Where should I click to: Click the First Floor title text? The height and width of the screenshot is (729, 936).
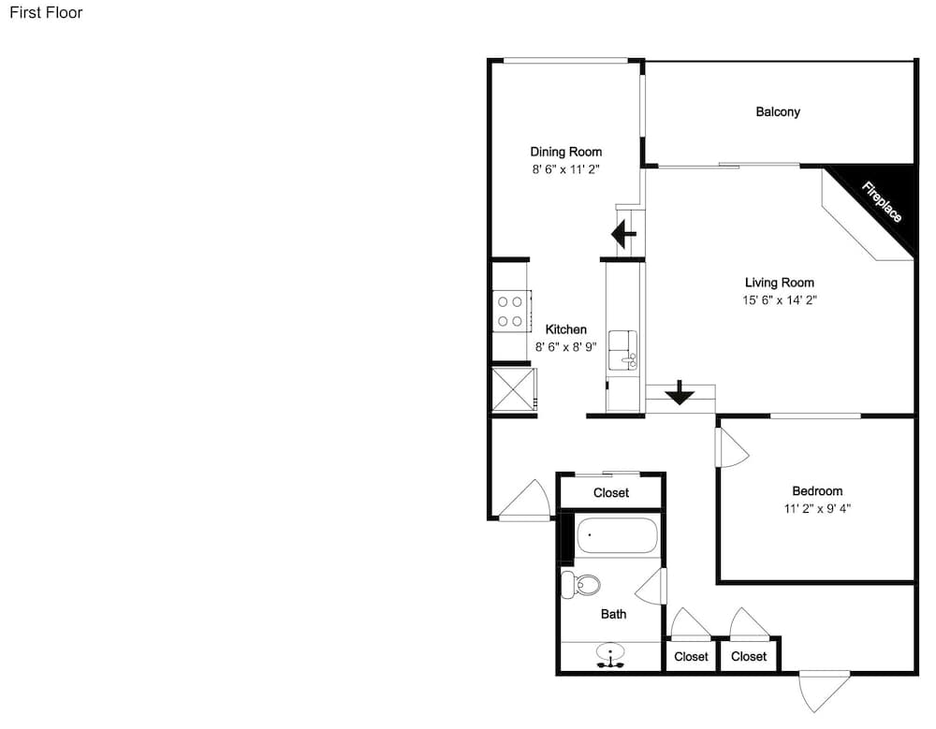point(46,12)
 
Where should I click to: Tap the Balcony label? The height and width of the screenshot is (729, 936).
point(778,111)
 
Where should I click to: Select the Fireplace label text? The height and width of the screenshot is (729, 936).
point(882,202)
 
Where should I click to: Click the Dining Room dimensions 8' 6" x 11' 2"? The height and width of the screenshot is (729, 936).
point(565,169)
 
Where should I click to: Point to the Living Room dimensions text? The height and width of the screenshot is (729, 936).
point(779,299)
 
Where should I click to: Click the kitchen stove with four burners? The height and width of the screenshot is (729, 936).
point(511,311)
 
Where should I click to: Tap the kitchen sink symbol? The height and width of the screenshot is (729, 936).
point(622,351)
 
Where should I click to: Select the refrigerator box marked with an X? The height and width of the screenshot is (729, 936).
point(513,388)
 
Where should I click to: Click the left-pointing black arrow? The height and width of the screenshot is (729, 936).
point(624,233)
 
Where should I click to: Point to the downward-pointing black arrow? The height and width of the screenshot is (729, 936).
point(680,392)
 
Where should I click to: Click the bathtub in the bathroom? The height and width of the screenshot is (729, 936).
point(617,535)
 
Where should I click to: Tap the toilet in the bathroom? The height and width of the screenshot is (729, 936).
point(580,585)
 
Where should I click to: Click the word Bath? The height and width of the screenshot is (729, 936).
point(614,614)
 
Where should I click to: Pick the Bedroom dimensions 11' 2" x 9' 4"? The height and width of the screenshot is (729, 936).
point(817,509)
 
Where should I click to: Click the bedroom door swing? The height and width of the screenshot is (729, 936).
point(733,448)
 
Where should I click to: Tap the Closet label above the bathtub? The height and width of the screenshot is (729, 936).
point(611,492)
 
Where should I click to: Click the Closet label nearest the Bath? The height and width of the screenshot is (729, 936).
point(691,656)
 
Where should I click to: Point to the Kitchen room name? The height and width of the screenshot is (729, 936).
point(566,329)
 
